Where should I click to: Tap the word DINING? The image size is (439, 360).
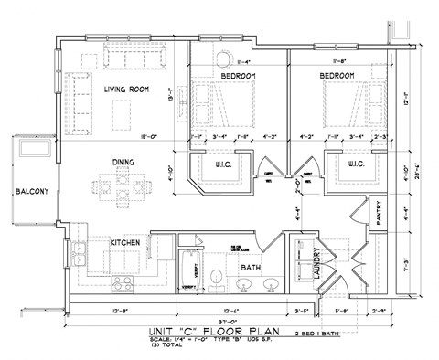coord(123,163)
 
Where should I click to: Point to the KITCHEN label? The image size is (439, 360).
coord(124,244)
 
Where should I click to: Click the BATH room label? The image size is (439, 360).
coord(251,268)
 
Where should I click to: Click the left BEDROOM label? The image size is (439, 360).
coord(236,74)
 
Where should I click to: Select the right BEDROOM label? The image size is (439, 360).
coord(337,74)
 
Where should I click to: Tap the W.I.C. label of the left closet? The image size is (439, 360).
coord(223,165)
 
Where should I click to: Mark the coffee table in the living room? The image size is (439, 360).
coord(120,114)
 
